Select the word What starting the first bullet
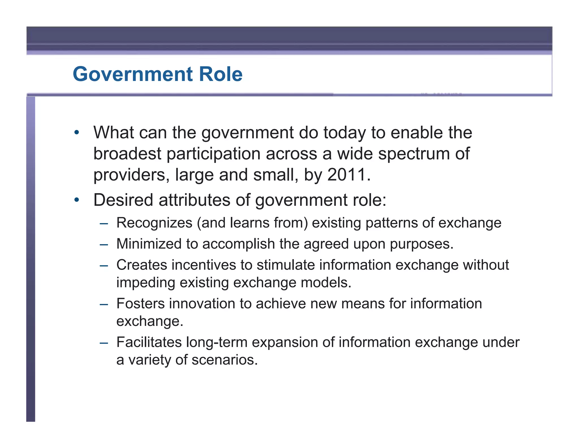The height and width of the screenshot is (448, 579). pyautogui.click(x=114, y=133)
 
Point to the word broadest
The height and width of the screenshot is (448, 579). pyautogui.click(x=127, y=154)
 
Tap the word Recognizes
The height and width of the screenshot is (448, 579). pyautogui.click(x=154, y=223)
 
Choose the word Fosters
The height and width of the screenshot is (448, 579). pyautogui.click(x=141, y=304)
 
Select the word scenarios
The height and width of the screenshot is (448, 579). pyautogui.click(x=225, y=360)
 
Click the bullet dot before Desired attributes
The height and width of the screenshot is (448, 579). pyautogui.click(x=76, y=200)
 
